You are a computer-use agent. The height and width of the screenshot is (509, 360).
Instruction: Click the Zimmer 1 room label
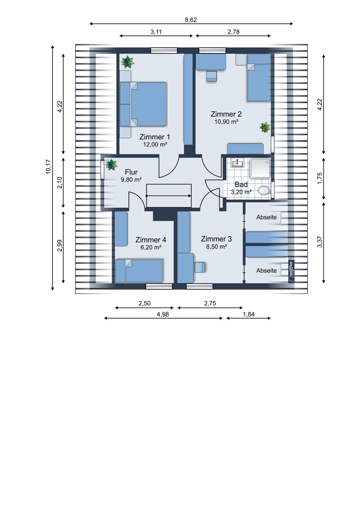155,137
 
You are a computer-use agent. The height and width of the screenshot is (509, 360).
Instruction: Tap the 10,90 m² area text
226,121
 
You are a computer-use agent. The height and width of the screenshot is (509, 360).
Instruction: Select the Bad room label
241,184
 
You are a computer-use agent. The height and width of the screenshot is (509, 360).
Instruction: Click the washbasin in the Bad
237,163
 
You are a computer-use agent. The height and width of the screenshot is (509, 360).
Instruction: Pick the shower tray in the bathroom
260,168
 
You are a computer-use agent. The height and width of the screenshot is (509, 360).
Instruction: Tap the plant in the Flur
111,164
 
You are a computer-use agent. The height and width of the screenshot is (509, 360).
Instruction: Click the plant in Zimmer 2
265,128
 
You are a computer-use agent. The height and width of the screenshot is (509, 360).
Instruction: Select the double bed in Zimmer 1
143,104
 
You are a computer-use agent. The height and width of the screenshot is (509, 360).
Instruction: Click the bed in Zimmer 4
139,271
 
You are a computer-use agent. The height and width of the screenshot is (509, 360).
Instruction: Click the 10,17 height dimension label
48,167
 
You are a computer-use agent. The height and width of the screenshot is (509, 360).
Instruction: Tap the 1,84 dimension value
249,314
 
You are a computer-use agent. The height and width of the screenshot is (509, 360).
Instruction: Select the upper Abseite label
266,217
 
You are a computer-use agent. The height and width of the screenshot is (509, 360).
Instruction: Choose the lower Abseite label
266,271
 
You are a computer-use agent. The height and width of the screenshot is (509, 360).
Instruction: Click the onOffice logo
291,271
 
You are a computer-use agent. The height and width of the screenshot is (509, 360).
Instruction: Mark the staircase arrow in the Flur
168,196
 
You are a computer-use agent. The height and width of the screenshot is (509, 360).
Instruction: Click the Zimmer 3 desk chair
200,267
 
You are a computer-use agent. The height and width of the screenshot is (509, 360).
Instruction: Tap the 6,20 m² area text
151,247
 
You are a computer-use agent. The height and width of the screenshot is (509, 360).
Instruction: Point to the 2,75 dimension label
210,303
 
